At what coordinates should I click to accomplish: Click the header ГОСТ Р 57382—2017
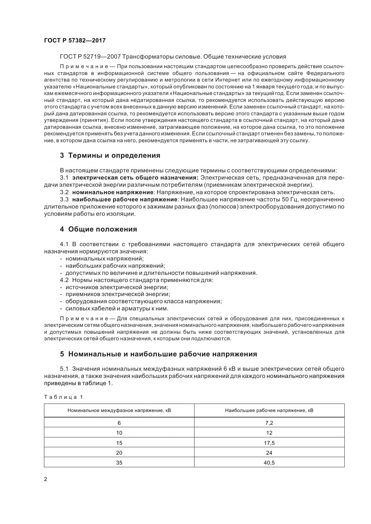pyautogui.click(x=75, y=40)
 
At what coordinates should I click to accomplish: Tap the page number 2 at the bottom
pyautogui.click(x=45, y=479)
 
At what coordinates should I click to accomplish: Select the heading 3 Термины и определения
pyautogui.click(x=110, y=155)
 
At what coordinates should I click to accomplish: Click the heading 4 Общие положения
pyautogui.click(x=98, y=229)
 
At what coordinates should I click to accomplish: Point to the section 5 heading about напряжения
pyautogui.click(x=158, y=354)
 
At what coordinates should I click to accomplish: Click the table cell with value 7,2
pyautogui.click(x=269, y=423)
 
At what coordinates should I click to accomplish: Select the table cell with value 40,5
pyautogui.click(x=269, y=463)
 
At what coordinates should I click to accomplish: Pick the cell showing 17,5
pyautogui.click(x=269, y=443)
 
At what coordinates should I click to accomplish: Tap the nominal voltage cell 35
pyautogui.click(x=119, y=463)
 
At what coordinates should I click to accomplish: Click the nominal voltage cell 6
pyautogui.click(x=119, y=423)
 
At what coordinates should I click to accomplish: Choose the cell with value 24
pyautogui.click(x=269, y=453)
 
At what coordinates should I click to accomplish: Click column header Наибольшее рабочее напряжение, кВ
pyautogui.click(x=269, y=410)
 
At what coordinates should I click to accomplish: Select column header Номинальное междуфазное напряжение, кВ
pyautogui.click(x=119, y=410)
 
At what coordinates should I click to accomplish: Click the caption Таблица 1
pyautogui.click(x=63, y=397)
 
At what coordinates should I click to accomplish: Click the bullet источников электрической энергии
pyautogui.click(x=117, y=287)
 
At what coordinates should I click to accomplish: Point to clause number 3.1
pyautogui.click(x=64, y=178)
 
